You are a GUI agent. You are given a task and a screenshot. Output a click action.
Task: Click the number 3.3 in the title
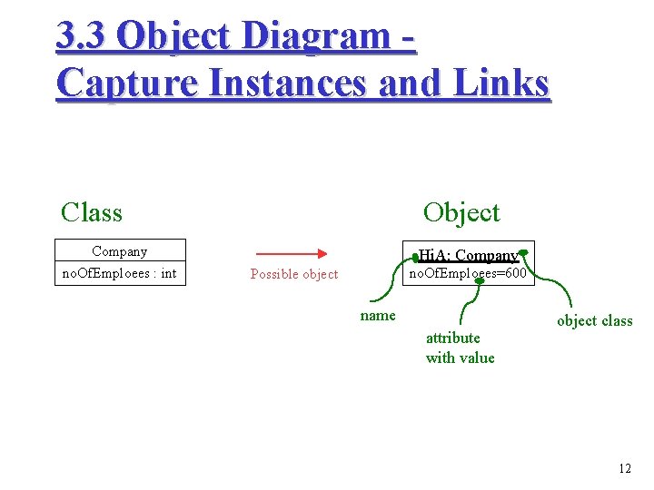81,35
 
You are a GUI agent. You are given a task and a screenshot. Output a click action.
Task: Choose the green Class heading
91,212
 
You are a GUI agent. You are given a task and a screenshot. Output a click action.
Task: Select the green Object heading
461,212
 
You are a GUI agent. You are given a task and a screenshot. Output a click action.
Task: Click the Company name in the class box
119,251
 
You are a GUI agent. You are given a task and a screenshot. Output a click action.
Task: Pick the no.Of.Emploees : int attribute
119,273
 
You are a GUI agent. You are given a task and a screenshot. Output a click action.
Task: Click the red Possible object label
294,274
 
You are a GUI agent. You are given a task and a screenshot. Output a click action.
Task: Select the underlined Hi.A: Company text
468,256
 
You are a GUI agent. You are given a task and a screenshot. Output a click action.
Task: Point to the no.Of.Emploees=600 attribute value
467,272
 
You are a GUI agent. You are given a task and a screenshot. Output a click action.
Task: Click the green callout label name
378,316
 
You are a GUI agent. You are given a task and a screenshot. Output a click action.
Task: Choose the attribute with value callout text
460,348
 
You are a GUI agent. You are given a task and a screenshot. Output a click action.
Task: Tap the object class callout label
594,320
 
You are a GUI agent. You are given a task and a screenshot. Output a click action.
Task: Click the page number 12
624,468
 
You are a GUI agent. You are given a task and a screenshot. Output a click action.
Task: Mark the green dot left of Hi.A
414,258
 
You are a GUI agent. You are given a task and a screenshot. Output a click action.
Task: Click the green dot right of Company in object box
523,253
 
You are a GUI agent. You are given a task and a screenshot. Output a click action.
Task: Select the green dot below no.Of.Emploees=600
480,281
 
